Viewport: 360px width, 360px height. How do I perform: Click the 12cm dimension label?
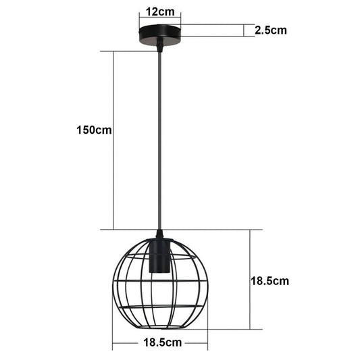click(160, 11)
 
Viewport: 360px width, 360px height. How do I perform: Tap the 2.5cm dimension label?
click(271, 30)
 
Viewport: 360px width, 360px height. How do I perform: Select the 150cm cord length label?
click(94, 130)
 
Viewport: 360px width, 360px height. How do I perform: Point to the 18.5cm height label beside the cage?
click(269, 281)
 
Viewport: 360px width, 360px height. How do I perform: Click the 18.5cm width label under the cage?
click(163, 342)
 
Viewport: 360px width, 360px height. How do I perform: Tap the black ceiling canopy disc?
click(160, 35)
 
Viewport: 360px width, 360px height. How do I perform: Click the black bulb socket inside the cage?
click(159, 257)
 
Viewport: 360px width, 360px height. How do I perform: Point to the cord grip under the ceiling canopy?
click(160, 45)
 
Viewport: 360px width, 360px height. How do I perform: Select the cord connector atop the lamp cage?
click(160, 235)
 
